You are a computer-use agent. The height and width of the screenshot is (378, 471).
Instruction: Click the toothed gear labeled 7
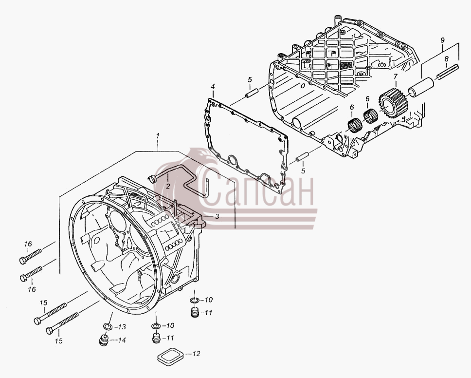(392, 104)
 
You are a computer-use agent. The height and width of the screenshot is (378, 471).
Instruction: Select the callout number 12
(196, 354)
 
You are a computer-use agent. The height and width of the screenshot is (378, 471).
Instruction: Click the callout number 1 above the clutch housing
(158, 136)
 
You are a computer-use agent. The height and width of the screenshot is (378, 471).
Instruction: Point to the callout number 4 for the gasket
(213, 87)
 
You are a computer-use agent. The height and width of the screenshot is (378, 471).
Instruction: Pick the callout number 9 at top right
(442, 39)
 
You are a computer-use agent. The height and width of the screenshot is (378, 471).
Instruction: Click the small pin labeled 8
(448, 72)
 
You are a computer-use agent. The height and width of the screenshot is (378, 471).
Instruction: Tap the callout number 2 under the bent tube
(167, 186)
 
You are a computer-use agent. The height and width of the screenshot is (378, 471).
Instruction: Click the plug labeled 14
(104, 340)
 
